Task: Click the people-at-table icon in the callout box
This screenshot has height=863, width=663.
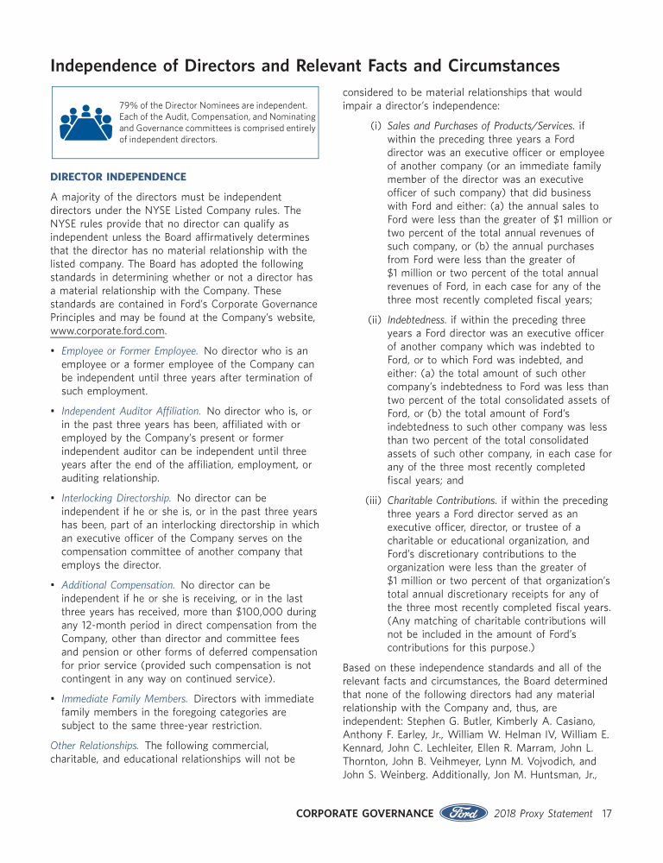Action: tap(85, 123)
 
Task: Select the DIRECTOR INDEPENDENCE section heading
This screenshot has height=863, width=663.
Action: tap(118, 177)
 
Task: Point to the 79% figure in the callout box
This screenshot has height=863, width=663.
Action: tap(129, 105)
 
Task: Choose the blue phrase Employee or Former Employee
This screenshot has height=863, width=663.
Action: tap(129, 350)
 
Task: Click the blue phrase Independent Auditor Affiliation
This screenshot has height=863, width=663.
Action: tap(131, 411)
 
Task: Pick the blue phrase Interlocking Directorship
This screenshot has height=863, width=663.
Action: tap(117, 498)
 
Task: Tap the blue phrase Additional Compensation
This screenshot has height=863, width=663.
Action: tap(118, 585)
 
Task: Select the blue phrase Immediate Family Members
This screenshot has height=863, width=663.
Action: tap(124, 698)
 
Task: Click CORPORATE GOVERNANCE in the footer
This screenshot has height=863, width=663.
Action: tap(364, 813)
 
